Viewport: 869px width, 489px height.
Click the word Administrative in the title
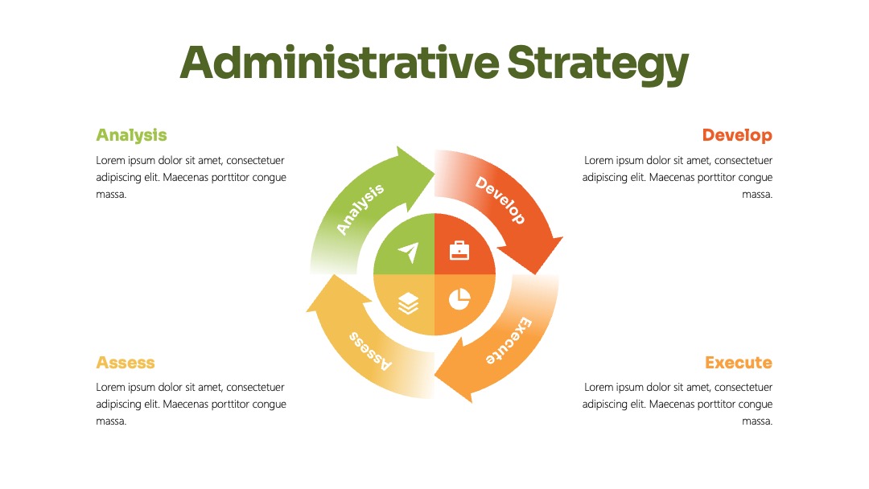pos(340,63)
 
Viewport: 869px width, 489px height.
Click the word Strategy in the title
pos(597,65)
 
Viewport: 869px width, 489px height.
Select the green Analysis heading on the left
pos(131,136)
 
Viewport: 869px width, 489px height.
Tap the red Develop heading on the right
pos(737,135)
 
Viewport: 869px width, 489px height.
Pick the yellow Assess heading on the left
pos(126,363)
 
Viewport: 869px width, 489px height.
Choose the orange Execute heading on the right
pos(739,363)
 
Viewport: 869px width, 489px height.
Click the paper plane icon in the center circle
pos(409,252)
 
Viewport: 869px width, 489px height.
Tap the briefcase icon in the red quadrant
pos(459,250)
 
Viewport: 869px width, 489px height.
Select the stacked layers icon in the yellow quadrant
pos(409,303)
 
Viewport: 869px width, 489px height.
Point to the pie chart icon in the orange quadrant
pos(459,299)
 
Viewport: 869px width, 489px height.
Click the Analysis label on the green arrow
pos(360,209)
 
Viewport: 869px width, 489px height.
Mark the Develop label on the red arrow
pos(500,200)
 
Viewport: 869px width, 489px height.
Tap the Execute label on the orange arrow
pos(509,340)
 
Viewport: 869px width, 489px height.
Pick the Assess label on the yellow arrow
pos(370,351)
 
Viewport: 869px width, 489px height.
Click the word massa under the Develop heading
pos(757,195)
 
